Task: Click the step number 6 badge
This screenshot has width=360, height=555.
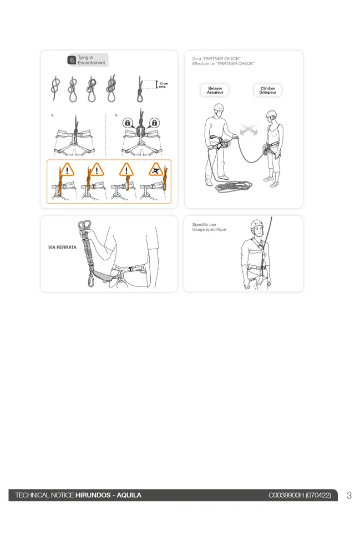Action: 72,60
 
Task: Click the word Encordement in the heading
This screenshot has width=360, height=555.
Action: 91,63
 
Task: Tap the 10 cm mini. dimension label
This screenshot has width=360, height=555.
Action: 163,85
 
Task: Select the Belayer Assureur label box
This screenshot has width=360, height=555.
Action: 215,90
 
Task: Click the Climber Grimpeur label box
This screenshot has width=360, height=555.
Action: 268,90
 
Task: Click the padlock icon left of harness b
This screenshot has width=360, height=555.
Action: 128,123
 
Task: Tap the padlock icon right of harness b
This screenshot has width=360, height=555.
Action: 154,123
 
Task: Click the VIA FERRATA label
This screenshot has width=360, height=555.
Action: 62,248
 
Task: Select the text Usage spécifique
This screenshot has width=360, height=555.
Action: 209,229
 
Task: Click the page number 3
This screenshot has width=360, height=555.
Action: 349,495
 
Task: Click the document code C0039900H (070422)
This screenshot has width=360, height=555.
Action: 300,495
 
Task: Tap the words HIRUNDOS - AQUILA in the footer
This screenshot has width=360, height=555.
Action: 108,495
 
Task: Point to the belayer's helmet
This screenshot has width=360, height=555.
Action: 219,107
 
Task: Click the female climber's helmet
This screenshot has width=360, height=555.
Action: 272,114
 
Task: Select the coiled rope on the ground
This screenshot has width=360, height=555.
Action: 234,186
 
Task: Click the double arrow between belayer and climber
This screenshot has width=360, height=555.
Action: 249,130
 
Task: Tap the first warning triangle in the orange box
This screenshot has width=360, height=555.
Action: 67,169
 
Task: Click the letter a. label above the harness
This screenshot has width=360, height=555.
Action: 53,115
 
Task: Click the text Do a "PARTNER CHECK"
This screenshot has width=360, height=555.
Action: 216,58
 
